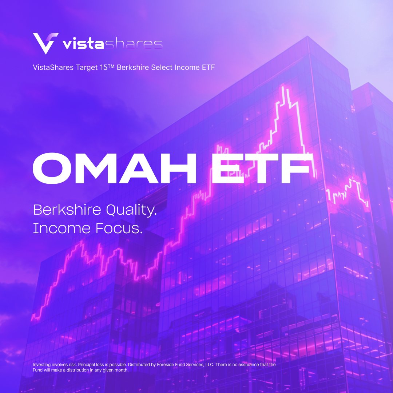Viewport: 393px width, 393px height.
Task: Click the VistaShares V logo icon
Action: (x=45, y=43)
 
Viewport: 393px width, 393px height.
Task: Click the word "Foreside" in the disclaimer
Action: (x=166, y=365)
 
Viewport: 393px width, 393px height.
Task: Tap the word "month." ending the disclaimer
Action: (x=122, y=370)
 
